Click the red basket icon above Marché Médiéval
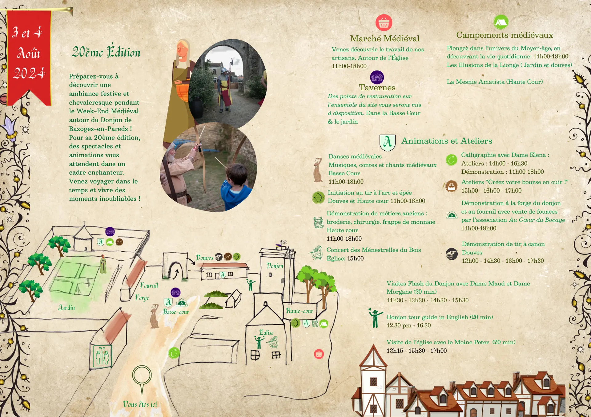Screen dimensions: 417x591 pyautogui.click(x=384, y=22)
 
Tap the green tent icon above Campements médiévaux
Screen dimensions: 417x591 pyautogui.click(x=501, y=22)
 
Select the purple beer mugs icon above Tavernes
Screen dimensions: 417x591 pyautogui.click(x=377, y=77)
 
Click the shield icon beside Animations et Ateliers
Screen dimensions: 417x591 pyautogui.click(x=387, y=143)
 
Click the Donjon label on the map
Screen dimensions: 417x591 pyautogui.click(x=275, y=266)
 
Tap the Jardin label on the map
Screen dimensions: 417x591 pyautogui.click(x=66, y=308)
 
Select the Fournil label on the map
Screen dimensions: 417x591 pyautogui.click(x=149, y=285)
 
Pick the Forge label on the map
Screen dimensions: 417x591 pyautogui.click(x=142, y=297)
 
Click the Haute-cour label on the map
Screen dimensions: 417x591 pyautogui.click(x=300, y=311)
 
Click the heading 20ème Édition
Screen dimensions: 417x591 pyautogui.click(x=106, y=52)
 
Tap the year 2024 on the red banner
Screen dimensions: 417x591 pyautogui.click(x=29, y=73)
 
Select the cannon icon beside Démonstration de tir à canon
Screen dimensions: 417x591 pyautogui.click(x=452, y=254)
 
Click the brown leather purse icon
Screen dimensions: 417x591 pyautogui.click(x=451, y=186)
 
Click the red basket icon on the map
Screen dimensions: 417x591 pyautogui.click(x=319, y=354)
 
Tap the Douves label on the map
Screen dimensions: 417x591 pyautogui.click(x=204, y=258)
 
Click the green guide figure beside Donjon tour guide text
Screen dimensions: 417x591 pyautogui.click(x=375, y=318)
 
